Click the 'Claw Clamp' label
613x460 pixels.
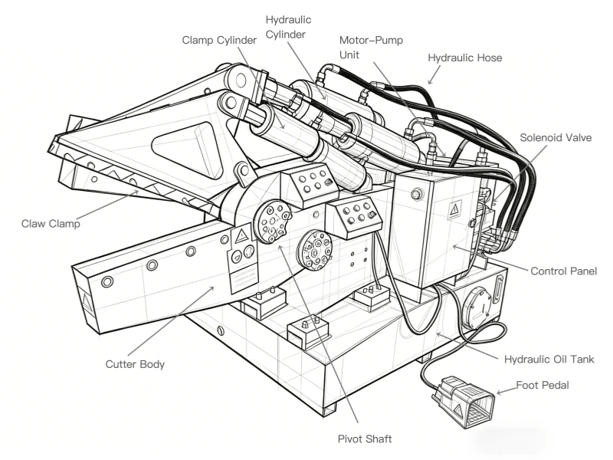click(x=51, y=224)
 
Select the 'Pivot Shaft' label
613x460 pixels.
click(x=364, y=439)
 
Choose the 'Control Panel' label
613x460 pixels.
click(x=563, y=271)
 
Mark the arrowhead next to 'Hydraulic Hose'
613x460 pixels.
click(x=431, y=79)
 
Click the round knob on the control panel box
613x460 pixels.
click(x=415, y=195)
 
